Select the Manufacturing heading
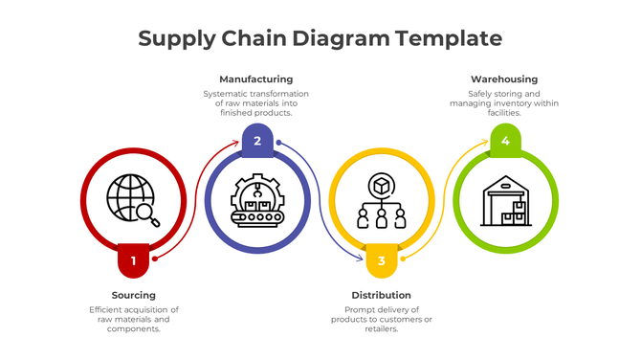(x=255, y=79)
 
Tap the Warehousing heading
(x=504, y=79)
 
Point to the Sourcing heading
(x=133, y=295)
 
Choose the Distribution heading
(x=381, y=295)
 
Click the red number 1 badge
(x=133, y=259)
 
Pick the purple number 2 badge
(x=256, y=141)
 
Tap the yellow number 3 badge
(x=381, y=259)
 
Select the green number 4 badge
(x=504, y=141)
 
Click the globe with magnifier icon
(x=133, y=200)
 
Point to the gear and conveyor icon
(x=256, y=200)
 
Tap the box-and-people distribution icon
(x=381, y=200)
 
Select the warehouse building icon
(x=504, y=200)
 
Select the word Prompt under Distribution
(x=361, y=309)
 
